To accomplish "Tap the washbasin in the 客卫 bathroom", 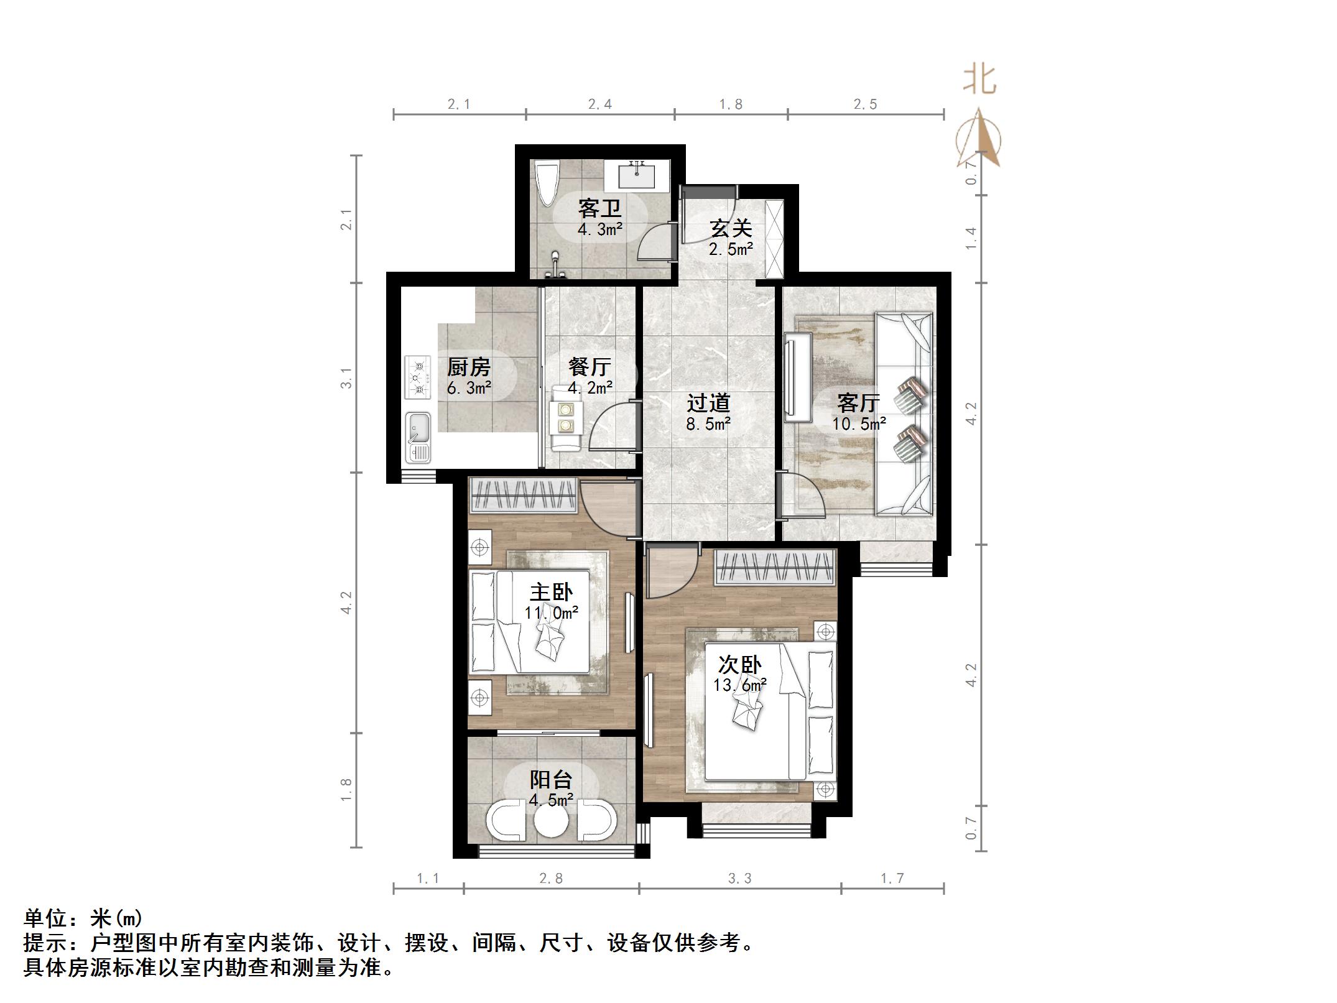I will pos(637,175).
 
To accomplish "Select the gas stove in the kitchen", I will pos(418,376).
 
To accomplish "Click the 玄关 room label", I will pos(731,228).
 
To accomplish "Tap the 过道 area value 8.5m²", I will pos(708,424).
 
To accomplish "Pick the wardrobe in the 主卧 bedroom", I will pos(522,495).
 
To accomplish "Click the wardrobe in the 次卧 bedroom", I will pos(774,567).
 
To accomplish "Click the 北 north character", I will pos(979,80).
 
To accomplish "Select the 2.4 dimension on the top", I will pos(600,104).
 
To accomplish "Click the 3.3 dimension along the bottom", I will pos(739,878).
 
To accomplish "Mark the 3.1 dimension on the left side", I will pos(346,378).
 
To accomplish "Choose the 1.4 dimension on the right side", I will pos(971,238).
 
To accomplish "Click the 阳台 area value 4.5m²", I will pos(551,800).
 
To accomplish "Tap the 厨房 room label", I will pos(468,367).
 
